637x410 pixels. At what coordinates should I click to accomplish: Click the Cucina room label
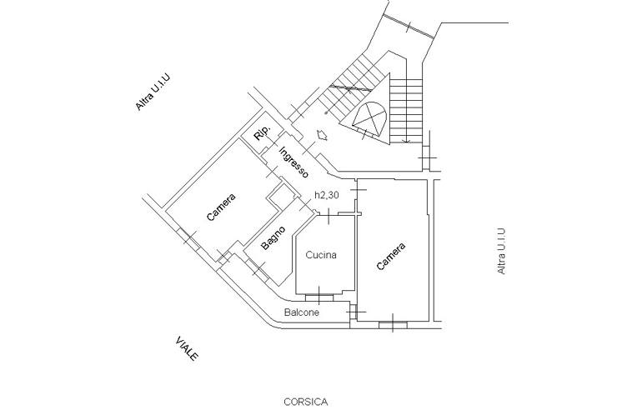click(321, 255)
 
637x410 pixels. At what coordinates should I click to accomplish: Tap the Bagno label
click(273, 237)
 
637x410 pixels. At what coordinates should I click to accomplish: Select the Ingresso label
click(293, 162)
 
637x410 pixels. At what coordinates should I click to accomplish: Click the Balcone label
click(302, 312)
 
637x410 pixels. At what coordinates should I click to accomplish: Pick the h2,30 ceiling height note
click(327, 195)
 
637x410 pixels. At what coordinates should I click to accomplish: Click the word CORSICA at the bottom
click(306, 402)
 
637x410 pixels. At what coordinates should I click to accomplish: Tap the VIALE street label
click(188, 348)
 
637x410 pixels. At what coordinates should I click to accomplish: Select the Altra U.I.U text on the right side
click(501, 252)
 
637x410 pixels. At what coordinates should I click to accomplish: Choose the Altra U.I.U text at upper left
click(153, 92)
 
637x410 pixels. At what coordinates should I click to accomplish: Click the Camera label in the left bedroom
click(221, 207)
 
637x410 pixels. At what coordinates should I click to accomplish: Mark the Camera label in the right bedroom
click(391, 257)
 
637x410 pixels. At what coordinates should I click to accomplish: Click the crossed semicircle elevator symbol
click(369, 118)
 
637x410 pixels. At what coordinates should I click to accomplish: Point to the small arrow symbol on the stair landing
click(322, 135)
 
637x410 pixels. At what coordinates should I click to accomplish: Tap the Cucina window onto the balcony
click(318, 297)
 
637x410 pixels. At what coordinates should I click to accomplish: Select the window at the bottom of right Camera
click(393, 324)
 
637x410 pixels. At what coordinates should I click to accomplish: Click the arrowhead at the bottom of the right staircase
click(405, 141)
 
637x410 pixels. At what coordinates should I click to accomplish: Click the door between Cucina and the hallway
click(329, 213)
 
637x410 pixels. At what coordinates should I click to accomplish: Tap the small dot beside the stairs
click(326, 112)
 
